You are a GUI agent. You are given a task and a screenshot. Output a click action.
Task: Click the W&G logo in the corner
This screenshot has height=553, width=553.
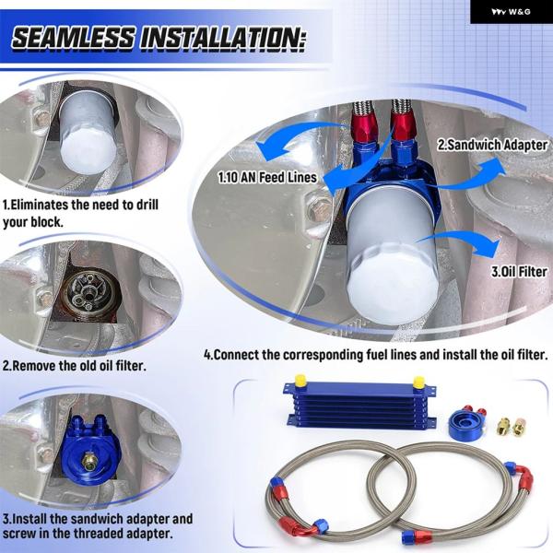pyautogui.click(x=511, y=12)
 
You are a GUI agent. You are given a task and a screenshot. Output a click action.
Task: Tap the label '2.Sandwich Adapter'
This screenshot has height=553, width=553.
pyautogui.click(x=492, y=145)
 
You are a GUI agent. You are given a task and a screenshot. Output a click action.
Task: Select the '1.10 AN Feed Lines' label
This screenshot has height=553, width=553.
pyautogui.click(x=267, y=177)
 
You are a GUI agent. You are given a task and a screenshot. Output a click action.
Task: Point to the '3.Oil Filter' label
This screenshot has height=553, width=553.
pyautogui.click(x=519, y=272)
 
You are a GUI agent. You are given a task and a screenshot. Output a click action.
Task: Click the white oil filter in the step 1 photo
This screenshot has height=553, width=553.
pyautogui.click(x=88, y=132)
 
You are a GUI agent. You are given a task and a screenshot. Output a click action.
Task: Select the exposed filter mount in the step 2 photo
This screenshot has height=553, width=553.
pyautogui.click(x=88, y=292)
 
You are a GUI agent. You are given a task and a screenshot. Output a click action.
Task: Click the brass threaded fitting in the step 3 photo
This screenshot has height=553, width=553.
pyautogui.click(x=88, y=462)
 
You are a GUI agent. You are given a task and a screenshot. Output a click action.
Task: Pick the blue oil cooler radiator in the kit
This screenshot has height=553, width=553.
pyautogui.click(x=359, y=405)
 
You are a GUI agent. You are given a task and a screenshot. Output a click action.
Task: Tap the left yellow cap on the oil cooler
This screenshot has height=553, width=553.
pyautogui.click(x=300, y=380)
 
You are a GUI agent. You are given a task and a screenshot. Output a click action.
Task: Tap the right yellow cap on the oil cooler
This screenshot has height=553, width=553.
pyautogui.click(x=418, y=382)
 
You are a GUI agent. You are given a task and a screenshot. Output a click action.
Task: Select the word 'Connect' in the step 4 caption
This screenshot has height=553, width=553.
pyautogui.click(x=237, y=355)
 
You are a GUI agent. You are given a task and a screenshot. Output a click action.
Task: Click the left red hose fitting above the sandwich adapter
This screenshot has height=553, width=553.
pyautogui.click(x=362, y=128)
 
